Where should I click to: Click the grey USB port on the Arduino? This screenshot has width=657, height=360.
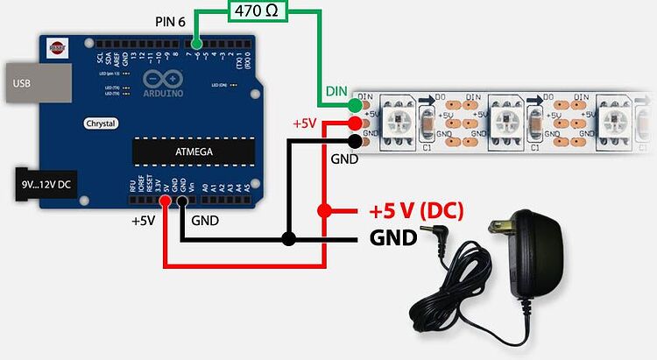tap(36, 84)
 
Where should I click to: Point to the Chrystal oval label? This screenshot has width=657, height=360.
tap(102, 124)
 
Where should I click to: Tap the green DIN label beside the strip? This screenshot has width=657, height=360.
tap(336, 91)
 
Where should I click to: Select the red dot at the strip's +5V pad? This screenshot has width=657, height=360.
tap(352, 124)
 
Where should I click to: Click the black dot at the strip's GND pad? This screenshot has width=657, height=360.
tap(352, 140)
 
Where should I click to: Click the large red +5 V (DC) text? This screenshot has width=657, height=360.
tap(415, 211)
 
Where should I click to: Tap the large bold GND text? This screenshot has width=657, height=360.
tap(393, 237)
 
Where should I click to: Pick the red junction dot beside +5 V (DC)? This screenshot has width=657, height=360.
tap(324, 211)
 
